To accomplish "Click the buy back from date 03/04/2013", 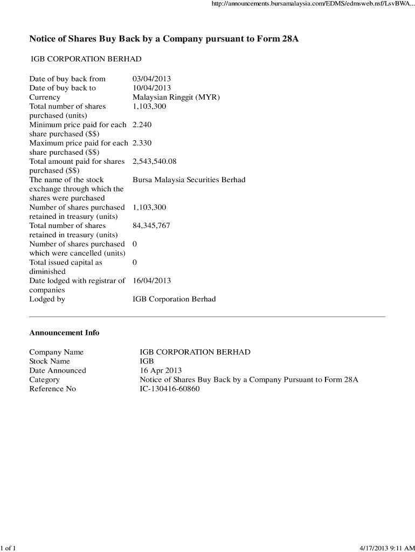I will point(151,79).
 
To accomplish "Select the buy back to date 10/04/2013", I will point(151,88).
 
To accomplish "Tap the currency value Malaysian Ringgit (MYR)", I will point(176,98).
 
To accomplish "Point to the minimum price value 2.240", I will point(142,125).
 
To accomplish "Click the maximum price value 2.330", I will point(142,143).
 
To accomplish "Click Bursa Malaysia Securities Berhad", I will point(189,180).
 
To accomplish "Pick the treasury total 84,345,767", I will point(151,225).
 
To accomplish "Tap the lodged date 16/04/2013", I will point(151,280).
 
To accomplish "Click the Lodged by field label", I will point(47,299).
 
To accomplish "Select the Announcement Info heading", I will point(64,333).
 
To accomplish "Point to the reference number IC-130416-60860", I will point(170,389).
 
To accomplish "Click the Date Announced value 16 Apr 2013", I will point(161,370).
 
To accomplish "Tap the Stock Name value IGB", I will point(147,361).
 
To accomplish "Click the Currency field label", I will point(45,98).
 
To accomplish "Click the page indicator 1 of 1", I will point(9,548).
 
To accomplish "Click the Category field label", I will point(44,379).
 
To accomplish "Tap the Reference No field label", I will point(52,389).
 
